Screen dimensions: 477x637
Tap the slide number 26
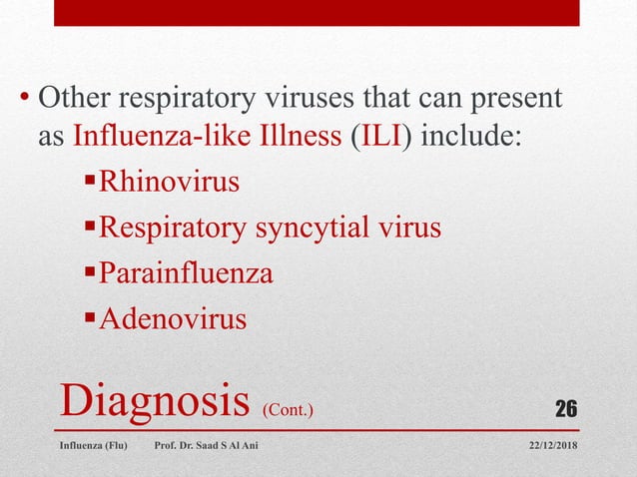566,408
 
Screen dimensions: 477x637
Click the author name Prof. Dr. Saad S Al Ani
206,445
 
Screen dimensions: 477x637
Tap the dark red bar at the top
317,12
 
